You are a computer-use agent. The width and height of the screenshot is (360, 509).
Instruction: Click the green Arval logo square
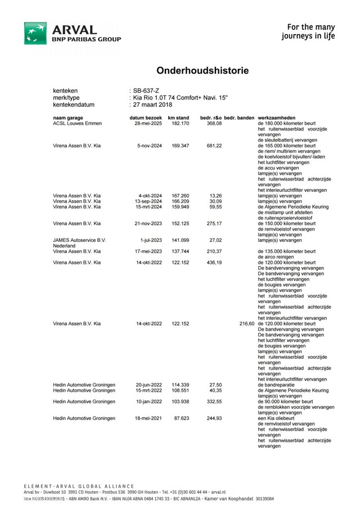(35, 33)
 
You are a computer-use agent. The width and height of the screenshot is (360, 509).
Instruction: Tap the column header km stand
(178, 118)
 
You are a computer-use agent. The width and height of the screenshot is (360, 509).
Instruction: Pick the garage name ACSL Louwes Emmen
(77, 123)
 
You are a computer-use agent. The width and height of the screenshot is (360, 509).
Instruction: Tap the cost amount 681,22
(214, 145)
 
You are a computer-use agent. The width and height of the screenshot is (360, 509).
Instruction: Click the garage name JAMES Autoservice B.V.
(79, 240)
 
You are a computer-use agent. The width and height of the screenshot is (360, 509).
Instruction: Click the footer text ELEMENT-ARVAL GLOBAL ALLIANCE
(79, 486)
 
